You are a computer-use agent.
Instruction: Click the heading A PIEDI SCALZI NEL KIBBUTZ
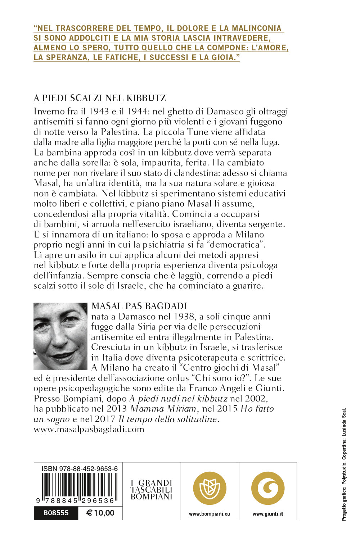click(x=100, y=98)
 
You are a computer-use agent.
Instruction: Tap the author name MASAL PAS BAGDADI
click(x=139, y=306)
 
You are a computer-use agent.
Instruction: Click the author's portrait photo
click(x=60, y=336)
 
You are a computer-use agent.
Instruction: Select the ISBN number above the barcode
click(x=80, y=468)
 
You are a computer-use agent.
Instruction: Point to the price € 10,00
click(x=100, y=513)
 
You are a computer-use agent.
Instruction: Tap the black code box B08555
click(x=56, y=513)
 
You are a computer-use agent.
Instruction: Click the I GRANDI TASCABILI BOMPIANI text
click(x=152, y=490)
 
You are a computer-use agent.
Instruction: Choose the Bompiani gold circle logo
click(x=210, y=488)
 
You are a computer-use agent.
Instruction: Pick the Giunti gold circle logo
click(x=268, y=488)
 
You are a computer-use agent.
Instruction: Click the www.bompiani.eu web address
click(x=210, y=514)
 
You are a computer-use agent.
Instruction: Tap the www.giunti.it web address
click(x=268, y=514)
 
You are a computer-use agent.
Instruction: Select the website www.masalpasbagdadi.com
click(x=89, y=429)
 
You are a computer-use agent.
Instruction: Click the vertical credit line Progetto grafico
click(x=344, y=464)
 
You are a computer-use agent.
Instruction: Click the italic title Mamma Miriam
click(x=163, y=409)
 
